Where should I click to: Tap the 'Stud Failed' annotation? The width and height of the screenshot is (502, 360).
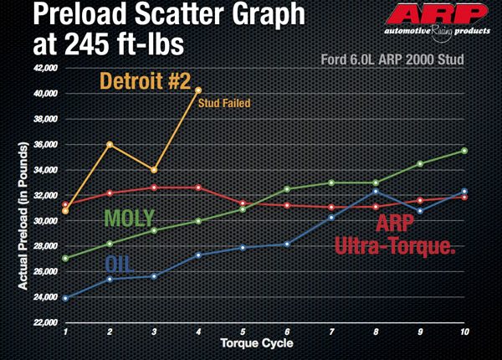[224, 104]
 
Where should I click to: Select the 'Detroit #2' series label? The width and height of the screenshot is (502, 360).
[151, 82]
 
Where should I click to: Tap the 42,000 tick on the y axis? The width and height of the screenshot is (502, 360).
[44, 68]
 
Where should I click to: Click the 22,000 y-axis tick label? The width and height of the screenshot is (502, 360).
[44, 322]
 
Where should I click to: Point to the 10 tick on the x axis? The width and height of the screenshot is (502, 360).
[464, 332]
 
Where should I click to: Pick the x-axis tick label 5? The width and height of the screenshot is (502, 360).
[243, 332]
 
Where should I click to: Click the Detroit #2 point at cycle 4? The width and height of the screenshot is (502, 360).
[198, 90]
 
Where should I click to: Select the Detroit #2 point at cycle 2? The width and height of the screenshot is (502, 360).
[110, 144]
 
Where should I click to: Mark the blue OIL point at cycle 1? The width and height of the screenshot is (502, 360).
[65, 298]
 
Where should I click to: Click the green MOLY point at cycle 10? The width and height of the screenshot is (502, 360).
[464, 151]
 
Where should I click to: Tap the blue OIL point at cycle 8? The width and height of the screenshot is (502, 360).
[376, 192]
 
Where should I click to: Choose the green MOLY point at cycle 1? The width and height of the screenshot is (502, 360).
[65, 259]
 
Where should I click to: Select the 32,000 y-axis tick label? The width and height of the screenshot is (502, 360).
[44, 195]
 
